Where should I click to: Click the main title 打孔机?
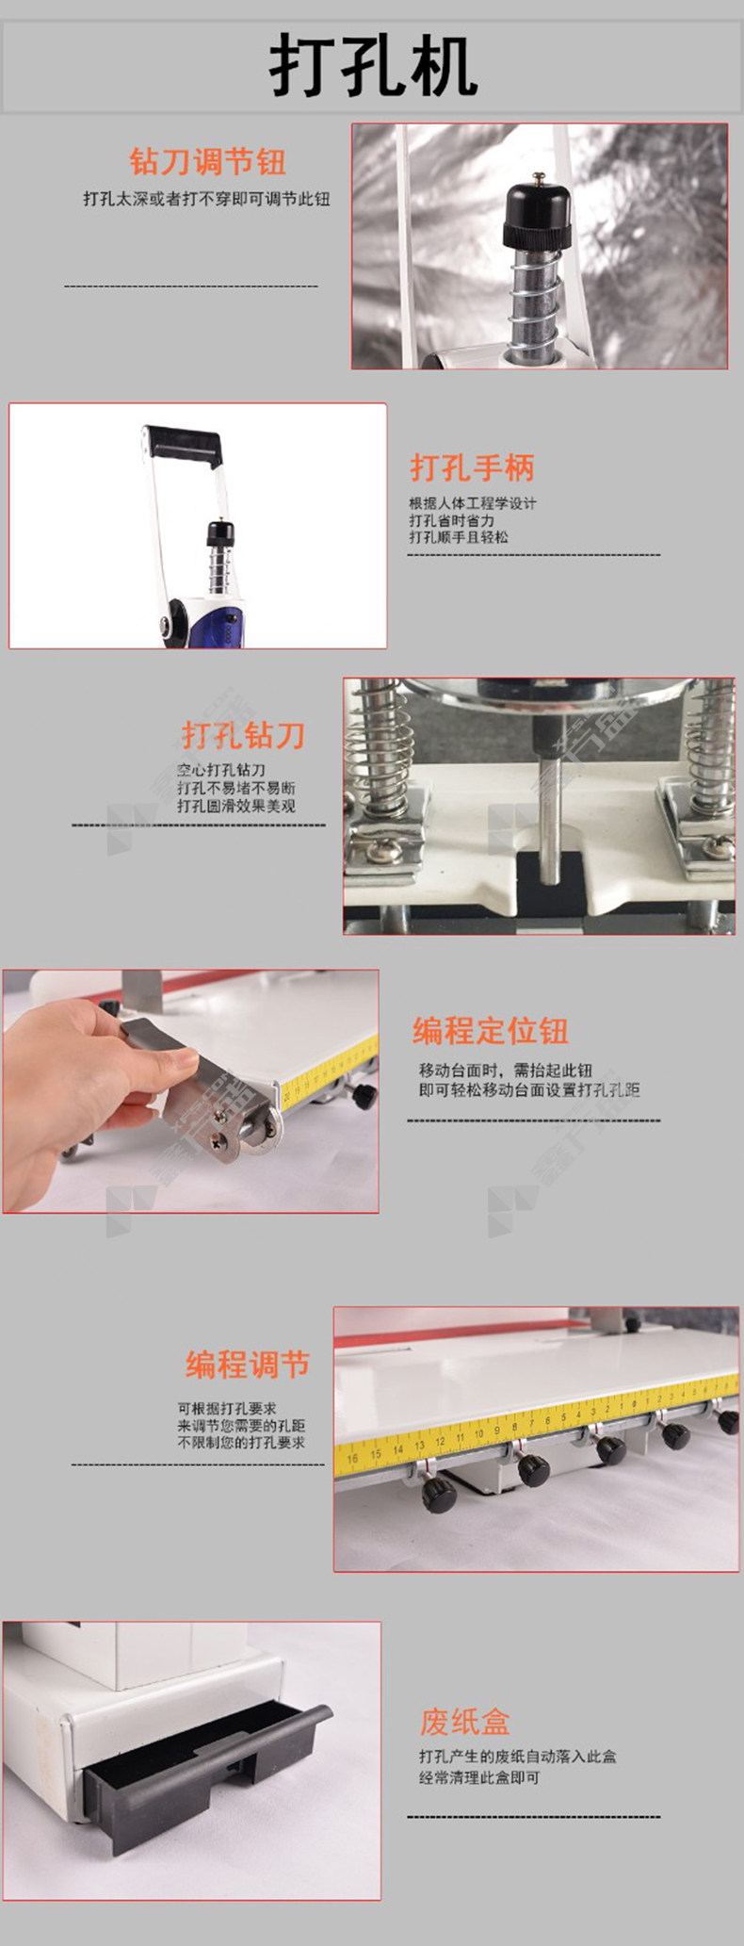(373, 66)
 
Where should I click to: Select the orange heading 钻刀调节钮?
(207, 162)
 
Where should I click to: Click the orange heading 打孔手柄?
(471, 468)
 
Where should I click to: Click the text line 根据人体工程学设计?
(473, 503)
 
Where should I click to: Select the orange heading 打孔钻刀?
(243, 735)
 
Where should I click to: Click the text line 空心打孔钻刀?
(221, 770)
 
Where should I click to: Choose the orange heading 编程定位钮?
(490, 1030)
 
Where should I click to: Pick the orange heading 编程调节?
(248, 1365)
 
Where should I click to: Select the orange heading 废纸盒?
(465, 1723)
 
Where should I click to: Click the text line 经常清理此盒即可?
(479, 1777)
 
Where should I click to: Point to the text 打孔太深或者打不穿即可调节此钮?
(206, 199)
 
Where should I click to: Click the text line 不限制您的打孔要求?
(241, 1443)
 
